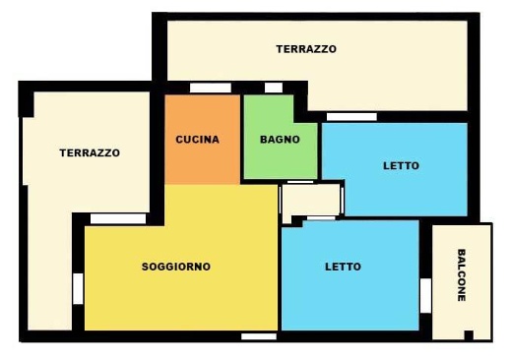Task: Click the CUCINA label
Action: pos(198,140)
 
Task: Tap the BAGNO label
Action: pos(280,140)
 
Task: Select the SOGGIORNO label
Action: pos(176,267)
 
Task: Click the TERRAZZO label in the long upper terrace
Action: pos(306,48)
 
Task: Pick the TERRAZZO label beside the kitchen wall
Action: pos(90,153)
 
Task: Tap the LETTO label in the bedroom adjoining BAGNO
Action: pos(401,165)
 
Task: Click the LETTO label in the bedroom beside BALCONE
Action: pos(343,267)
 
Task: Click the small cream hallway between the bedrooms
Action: pos(310,200)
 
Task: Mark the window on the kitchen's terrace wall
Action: pos(210,89)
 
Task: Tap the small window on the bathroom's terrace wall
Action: pos(274,89)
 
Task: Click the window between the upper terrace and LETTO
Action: pos(351,117)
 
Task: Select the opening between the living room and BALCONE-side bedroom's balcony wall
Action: pos(426,294)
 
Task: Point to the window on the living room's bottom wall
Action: pos(258,336)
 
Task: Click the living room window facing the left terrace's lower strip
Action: pos(78,288)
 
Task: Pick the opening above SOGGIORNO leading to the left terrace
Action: pos(118,218)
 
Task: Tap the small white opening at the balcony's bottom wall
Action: pos(470,335)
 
